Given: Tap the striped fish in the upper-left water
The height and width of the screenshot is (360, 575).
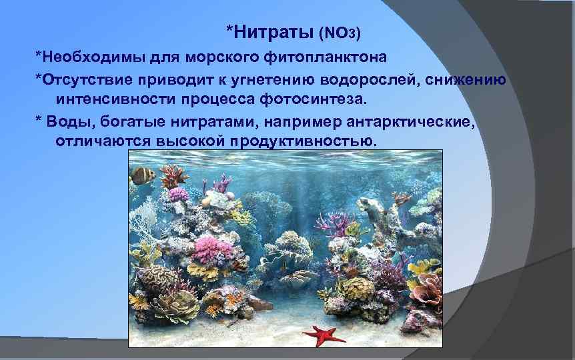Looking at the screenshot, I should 142,176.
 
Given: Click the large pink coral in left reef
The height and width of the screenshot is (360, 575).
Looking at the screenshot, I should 213,252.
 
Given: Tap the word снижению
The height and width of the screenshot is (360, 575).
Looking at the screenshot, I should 473,81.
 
